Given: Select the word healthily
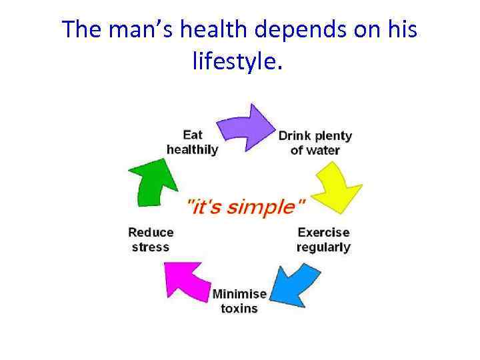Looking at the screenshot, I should (x=192, y=150).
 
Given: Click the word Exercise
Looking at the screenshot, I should (x=323, y=233).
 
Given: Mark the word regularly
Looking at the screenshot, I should (x=323, y=247).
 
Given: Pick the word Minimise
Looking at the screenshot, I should (x=239, y=294).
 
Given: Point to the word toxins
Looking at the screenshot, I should (x=239, y=309).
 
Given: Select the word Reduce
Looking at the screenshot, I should (x=151, y=233).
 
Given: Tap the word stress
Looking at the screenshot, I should (x=151, y=247).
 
